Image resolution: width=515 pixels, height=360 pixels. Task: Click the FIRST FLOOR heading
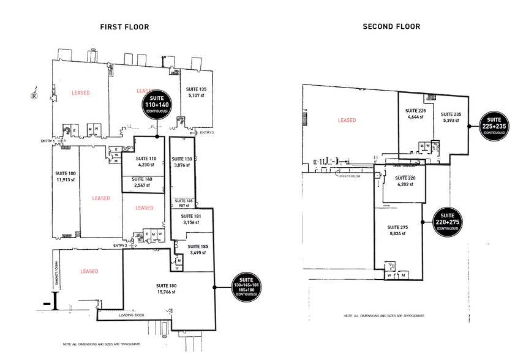click(125, 27)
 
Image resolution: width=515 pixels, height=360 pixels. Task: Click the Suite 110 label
click(145, 159)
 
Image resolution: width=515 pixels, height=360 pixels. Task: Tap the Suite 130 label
click(181, 159)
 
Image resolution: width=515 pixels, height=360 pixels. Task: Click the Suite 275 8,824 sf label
click(399, 230)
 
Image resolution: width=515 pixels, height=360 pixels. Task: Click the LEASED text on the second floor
click(347, 120)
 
